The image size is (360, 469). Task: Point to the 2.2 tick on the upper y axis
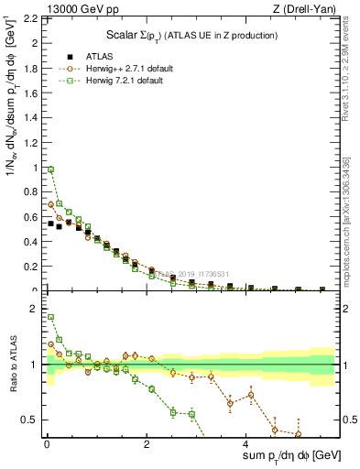(x=31, y=18)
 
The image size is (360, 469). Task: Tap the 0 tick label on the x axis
(x=46, y=445)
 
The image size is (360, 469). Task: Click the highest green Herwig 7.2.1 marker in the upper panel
(x=51, y=169)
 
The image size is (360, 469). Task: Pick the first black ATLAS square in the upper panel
(x=51, y=223)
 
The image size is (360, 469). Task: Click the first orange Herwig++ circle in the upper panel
(x=51, y=204)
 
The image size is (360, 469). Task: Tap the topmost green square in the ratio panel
(x=51, y=317)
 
